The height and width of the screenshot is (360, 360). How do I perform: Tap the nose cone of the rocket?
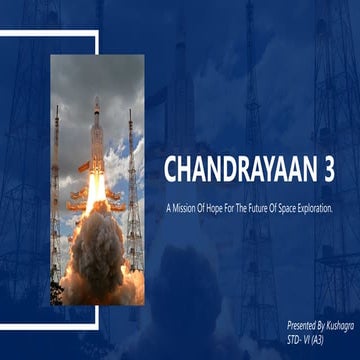pos(96,103)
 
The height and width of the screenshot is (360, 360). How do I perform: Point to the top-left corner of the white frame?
pos(4,33)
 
